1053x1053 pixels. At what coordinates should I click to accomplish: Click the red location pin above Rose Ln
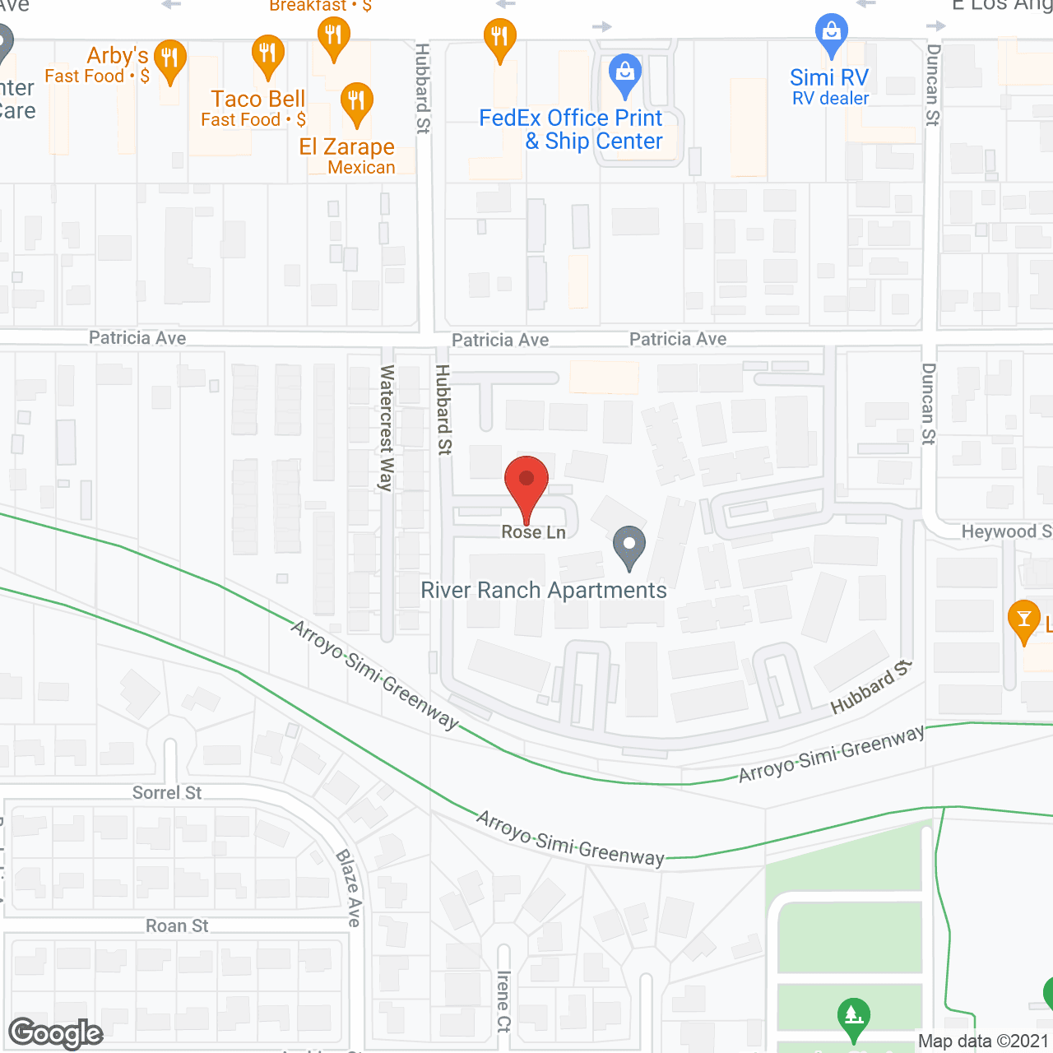click(x=526, y=482)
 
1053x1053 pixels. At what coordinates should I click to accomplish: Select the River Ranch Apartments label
click(x=544, y=591)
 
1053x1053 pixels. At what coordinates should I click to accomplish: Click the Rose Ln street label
click(x=534, y=532)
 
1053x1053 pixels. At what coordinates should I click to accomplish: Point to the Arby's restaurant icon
click(x=169, y=59)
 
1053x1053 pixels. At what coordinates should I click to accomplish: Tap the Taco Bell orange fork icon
click(x=267, y=55)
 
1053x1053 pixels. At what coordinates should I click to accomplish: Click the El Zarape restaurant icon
click(x=356, y=102)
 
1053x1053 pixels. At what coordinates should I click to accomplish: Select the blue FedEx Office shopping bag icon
click(x=625, y=72)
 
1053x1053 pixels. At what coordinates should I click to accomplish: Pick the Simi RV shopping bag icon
click(x=831, y=33)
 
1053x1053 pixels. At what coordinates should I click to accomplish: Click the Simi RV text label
click(x=829, y=78)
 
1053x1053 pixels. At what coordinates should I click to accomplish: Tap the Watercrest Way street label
click(x=386, y=429)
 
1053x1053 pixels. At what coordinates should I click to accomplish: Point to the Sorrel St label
click(x=167, y=792)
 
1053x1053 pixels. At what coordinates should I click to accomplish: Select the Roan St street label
click(x=177, y=925)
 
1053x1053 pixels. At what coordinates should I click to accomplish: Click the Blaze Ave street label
click(x=349, y=888)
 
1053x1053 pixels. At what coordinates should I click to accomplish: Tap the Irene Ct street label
click(x=503, y=1001)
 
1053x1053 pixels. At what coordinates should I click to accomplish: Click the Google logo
click(x=56, y=1033)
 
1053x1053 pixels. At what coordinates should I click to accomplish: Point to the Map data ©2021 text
click(x=983, y=1041)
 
